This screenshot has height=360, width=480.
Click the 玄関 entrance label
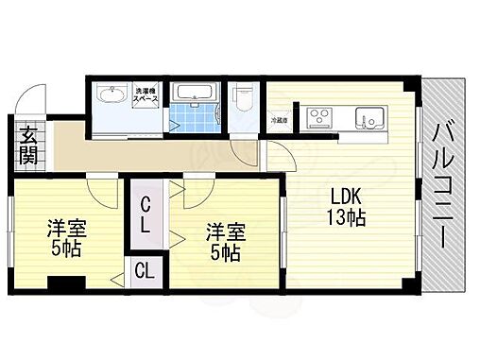27,145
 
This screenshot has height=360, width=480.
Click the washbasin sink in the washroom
111,96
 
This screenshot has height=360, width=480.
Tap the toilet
242,97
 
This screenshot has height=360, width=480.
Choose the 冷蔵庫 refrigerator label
279,120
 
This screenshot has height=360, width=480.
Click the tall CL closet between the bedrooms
147,216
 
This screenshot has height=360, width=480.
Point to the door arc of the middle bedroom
197,193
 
